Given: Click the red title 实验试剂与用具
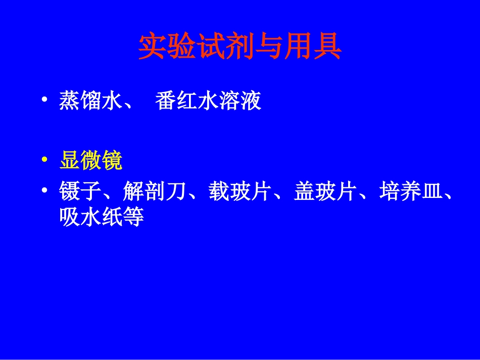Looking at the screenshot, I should (240, 47).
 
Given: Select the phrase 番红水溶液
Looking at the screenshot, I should (208, 101).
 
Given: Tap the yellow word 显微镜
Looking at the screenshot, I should (91, 162).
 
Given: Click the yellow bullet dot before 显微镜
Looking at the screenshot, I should (46, 161).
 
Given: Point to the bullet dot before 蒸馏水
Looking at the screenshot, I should (46, 100).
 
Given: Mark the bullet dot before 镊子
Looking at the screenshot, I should (46, 192).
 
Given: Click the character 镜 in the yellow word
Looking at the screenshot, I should (113, 162).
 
